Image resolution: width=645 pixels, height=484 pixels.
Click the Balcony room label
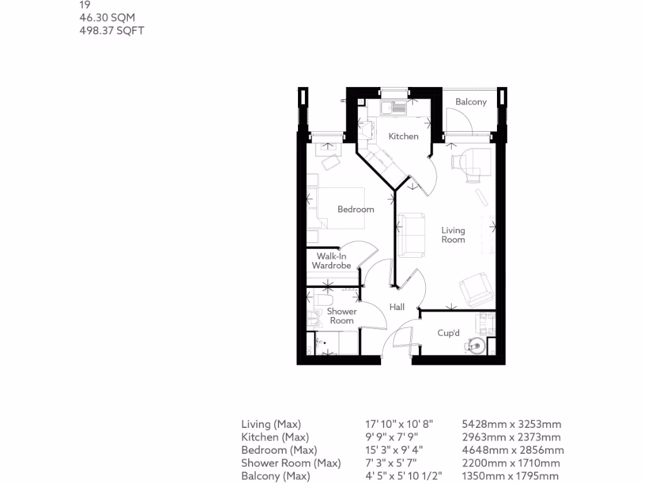click(471, 101)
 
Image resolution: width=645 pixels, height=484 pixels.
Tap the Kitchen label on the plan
click(403, 136)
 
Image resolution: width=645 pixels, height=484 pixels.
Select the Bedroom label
click(356, 209)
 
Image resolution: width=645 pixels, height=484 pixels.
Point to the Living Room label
click(453, 234)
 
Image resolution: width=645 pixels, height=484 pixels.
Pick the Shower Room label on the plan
click(341, 316)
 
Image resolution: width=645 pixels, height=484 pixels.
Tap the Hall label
click(397, 307)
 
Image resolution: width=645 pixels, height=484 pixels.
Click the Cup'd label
click(448, 333)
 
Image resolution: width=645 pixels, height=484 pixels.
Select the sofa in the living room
click(410, 235)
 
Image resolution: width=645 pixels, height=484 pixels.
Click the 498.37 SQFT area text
click(111, 30)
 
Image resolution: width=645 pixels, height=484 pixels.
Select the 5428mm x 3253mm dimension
click(511, 424)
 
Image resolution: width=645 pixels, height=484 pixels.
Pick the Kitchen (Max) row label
click(275, 437)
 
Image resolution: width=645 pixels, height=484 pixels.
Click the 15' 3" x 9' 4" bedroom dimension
click(394, 450)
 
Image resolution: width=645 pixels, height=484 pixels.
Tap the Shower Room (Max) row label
click(291, 463)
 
